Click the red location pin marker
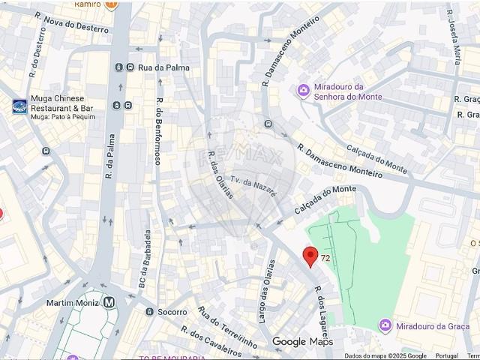[x=310, y=256]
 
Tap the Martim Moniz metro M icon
[x=109, y=302]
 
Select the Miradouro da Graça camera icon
[x=385, y=325]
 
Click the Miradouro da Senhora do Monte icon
[x=303, y=91]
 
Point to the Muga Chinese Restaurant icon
[x=19, y=106]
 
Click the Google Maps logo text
[x=301, y=342]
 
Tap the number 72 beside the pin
[x=325, y=258]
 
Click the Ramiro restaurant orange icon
[x=112, y=4]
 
